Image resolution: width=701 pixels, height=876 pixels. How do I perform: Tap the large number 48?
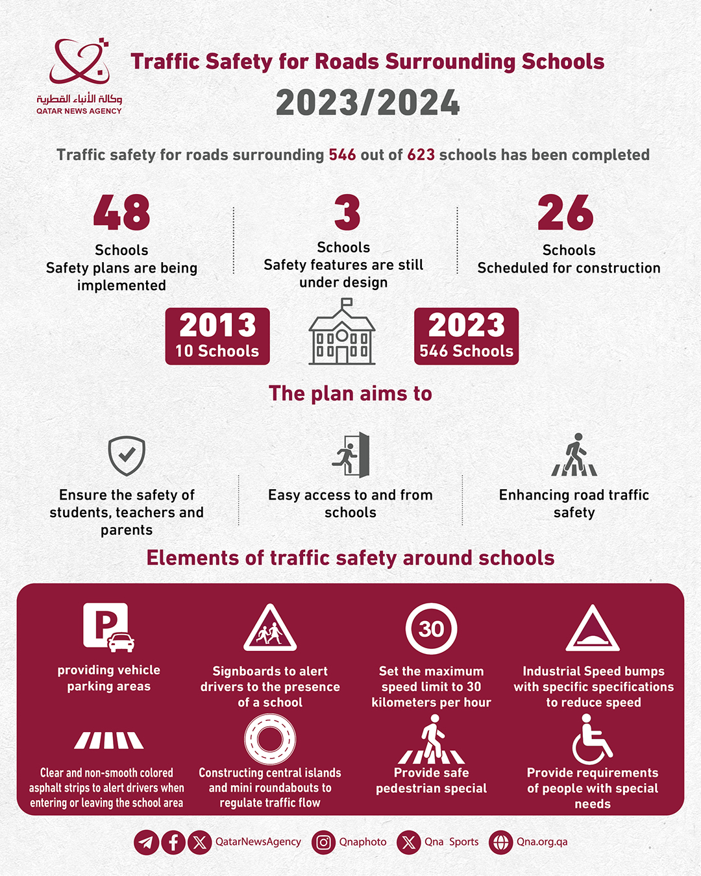[121, 213]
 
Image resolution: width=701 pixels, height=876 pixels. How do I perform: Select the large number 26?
[565, 213]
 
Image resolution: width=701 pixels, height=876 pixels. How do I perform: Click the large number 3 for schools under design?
[347, 213]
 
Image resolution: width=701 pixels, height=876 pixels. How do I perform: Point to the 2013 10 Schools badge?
[217, 336]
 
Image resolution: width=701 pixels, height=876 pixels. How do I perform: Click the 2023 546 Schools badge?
[466, 336]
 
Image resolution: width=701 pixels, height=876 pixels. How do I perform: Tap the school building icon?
[342, 332]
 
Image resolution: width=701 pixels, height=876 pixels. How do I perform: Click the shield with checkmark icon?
[127, 456]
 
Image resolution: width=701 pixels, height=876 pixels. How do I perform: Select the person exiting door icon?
[351, 455]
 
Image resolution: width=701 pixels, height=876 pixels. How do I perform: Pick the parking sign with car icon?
[108, 627]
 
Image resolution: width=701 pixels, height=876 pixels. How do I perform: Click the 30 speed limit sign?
[431, 629]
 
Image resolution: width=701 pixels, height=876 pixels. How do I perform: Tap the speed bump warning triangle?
[593, 630]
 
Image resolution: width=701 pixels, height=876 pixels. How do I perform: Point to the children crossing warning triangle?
[270, 629]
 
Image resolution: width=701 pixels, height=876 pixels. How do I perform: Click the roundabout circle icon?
[270, 739]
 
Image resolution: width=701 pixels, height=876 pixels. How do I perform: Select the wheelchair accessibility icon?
[591, 739]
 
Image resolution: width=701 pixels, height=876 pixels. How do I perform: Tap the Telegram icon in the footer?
[146, 842]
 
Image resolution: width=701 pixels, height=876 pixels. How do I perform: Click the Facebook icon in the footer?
[173, 842]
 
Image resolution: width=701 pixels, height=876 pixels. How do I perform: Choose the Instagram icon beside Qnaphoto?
[323, 842]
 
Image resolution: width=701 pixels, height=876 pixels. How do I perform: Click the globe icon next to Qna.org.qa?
[500, 842]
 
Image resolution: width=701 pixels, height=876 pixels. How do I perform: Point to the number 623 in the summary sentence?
[421, 155]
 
